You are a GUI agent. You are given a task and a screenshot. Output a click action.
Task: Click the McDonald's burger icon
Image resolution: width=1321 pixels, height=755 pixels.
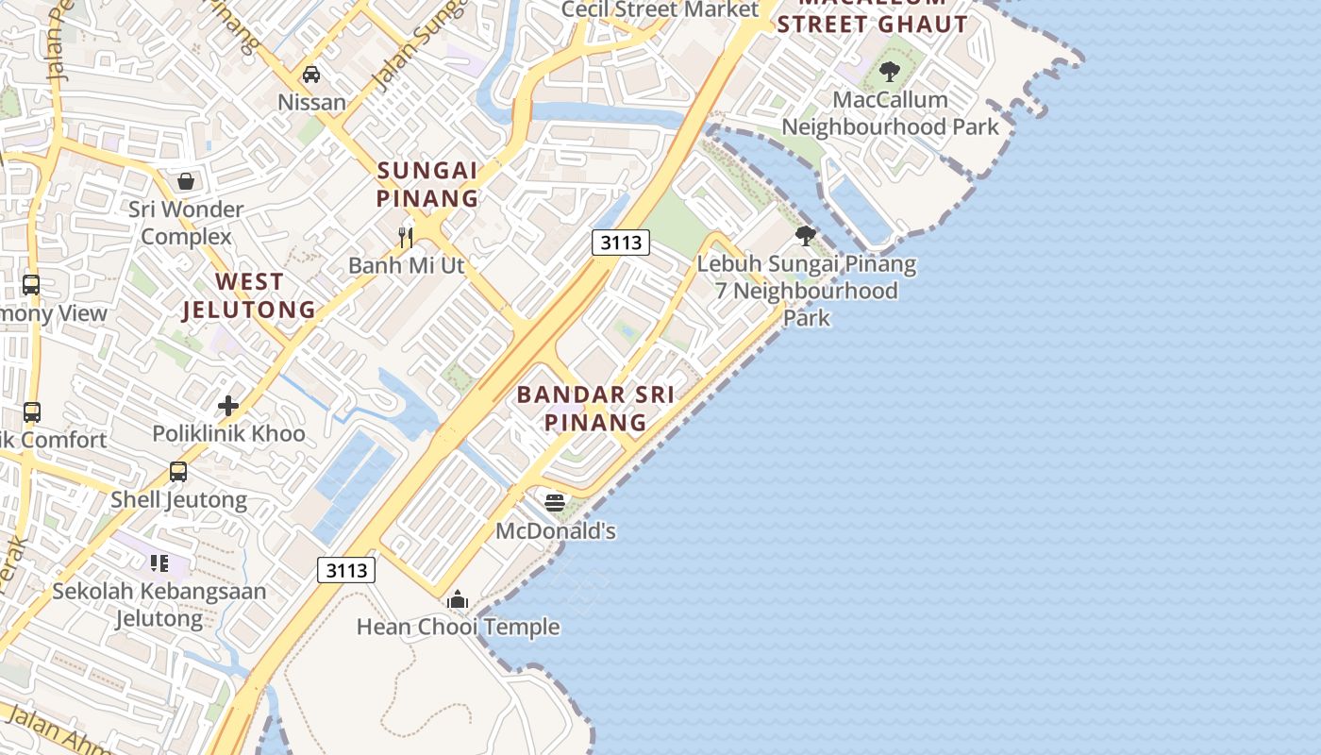click(x=555, y=502)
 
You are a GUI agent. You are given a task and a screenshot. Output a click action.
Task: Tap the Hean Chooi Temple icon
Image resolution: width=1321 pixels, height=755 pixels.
click(x=458, y=599)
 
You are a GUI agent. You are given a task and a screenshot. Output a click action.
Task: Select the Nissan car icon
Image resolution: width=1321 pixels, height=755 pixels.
click(x=310, y=74)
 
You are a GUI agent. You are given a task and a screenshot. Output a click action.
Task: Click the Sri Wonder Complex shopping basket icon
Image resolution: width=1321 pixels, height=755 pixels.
click(x=186, y=180)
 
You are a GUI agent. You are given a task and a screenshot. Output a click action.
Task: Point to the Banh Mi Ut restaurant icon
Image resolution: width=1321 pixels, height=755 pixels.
click(x=406, y=237)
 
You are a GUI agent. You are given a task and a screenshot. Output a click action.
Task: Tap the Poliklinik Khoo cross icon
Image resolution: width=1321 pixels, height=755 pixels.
click(x=227, y=406)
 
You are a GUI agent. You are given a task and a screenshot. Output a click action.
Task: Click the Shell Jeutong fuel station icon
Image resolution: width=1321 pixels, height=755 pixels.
click(x=178, y=471)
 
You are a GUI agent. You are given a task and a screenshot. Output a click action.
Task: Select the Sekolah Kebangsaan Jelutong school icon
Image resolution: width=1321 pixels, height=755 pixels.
click(x=159, y=563)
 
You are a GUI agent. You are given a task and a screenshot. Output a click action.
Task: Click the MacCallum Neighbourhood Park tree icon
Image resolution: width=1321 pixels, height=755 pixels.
click(x=889, y=71)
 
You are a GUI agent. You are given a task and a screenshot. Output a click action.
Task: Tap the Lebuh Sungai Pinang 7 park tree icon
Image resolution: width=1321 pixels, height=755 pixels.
click(x=805, y=236)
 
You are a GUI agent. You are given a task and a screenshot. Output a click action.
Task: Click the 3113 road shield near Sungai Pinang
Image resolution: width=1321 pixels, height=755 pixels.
click(x=621, y=243)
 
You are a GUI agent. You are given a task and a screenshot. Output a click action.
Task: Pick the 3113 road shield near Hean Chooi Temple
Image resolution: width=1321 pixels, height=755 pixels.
click(x=345, y=570)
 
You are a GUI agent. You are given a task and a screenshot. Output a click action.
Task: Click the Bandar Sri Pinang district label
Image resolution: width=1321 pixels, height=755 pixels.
click(x=595, y=408)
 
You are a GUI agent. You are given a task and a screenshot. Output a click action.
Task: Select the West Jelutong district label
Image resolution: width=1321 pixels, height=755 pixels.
click(x=249, y=295)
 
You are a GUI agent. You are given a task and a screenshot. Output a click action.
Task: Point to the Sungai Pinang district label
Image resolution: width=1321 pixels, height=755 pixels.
click(x=427, y=184)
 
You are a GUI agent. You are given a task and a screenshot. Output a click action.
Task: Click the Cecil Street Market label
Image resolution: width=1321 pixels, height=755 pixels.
click(x=660, y=9)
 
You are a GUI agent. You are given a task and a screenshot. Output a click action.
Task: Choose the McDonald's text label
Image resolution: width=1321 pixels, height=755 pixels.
click(x=556, y=531)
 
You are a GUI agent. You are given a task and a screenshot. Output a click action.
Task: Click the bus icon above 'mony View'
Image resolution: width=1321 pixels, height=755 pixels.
click(x=31, y=284)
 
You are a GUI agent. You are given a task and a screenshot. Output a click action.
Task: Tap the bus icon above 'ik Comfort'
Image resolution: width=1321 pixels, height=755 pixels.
click(x=31, y=411)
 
